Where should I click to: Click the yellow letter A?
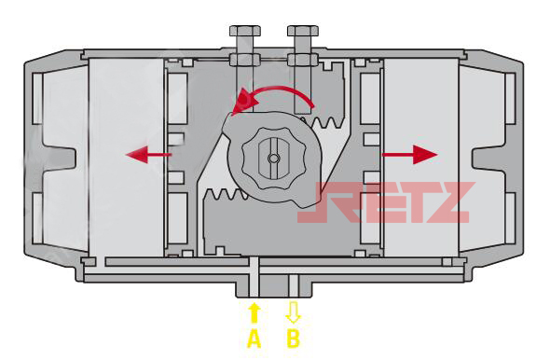click(x=254, y=339)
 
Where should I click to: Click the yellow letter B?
click(x=294, y=339)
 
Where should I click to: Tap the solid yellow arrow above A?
click(x=254, y=313)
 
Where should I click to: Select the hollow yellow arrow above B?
click(x=294, y=312)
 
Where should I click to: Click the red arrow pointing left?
click(x=148, y=155)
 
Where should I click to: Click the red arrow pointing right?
click(x=409, y=155)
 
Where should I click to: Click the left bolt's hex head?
click(x=245, y=31)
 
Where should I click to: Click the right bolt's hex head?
click(x=303, y=31)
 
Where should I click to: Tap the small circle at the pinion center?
click(x=273, y=159)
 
